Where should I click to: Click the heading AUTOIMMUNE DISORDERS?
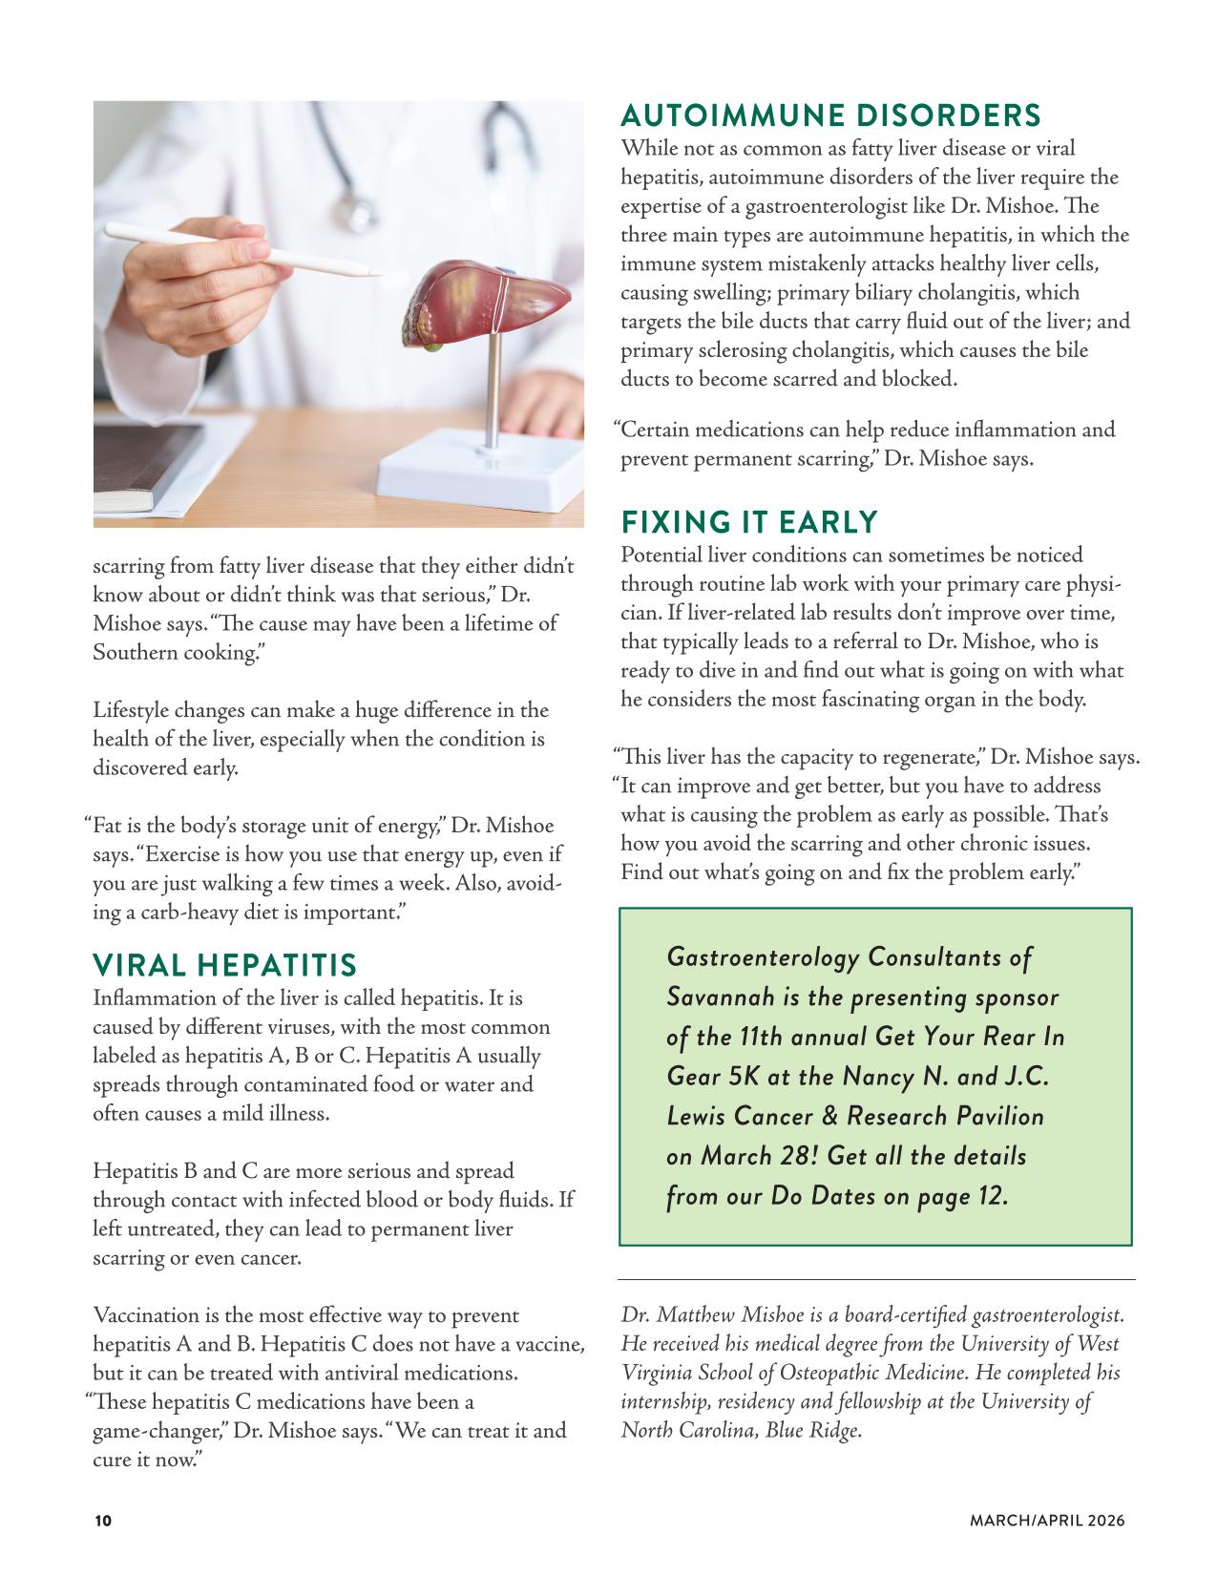829,115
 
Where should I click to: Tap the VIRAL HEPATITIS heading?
224,965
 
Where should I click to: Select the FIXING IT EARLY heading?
748,522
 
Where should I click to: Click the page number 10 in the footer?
102,1521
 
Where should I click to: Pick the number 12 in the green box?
993,1196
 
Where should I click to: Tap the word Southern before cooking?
139,653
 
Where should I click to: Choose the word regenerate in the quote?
924,758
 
